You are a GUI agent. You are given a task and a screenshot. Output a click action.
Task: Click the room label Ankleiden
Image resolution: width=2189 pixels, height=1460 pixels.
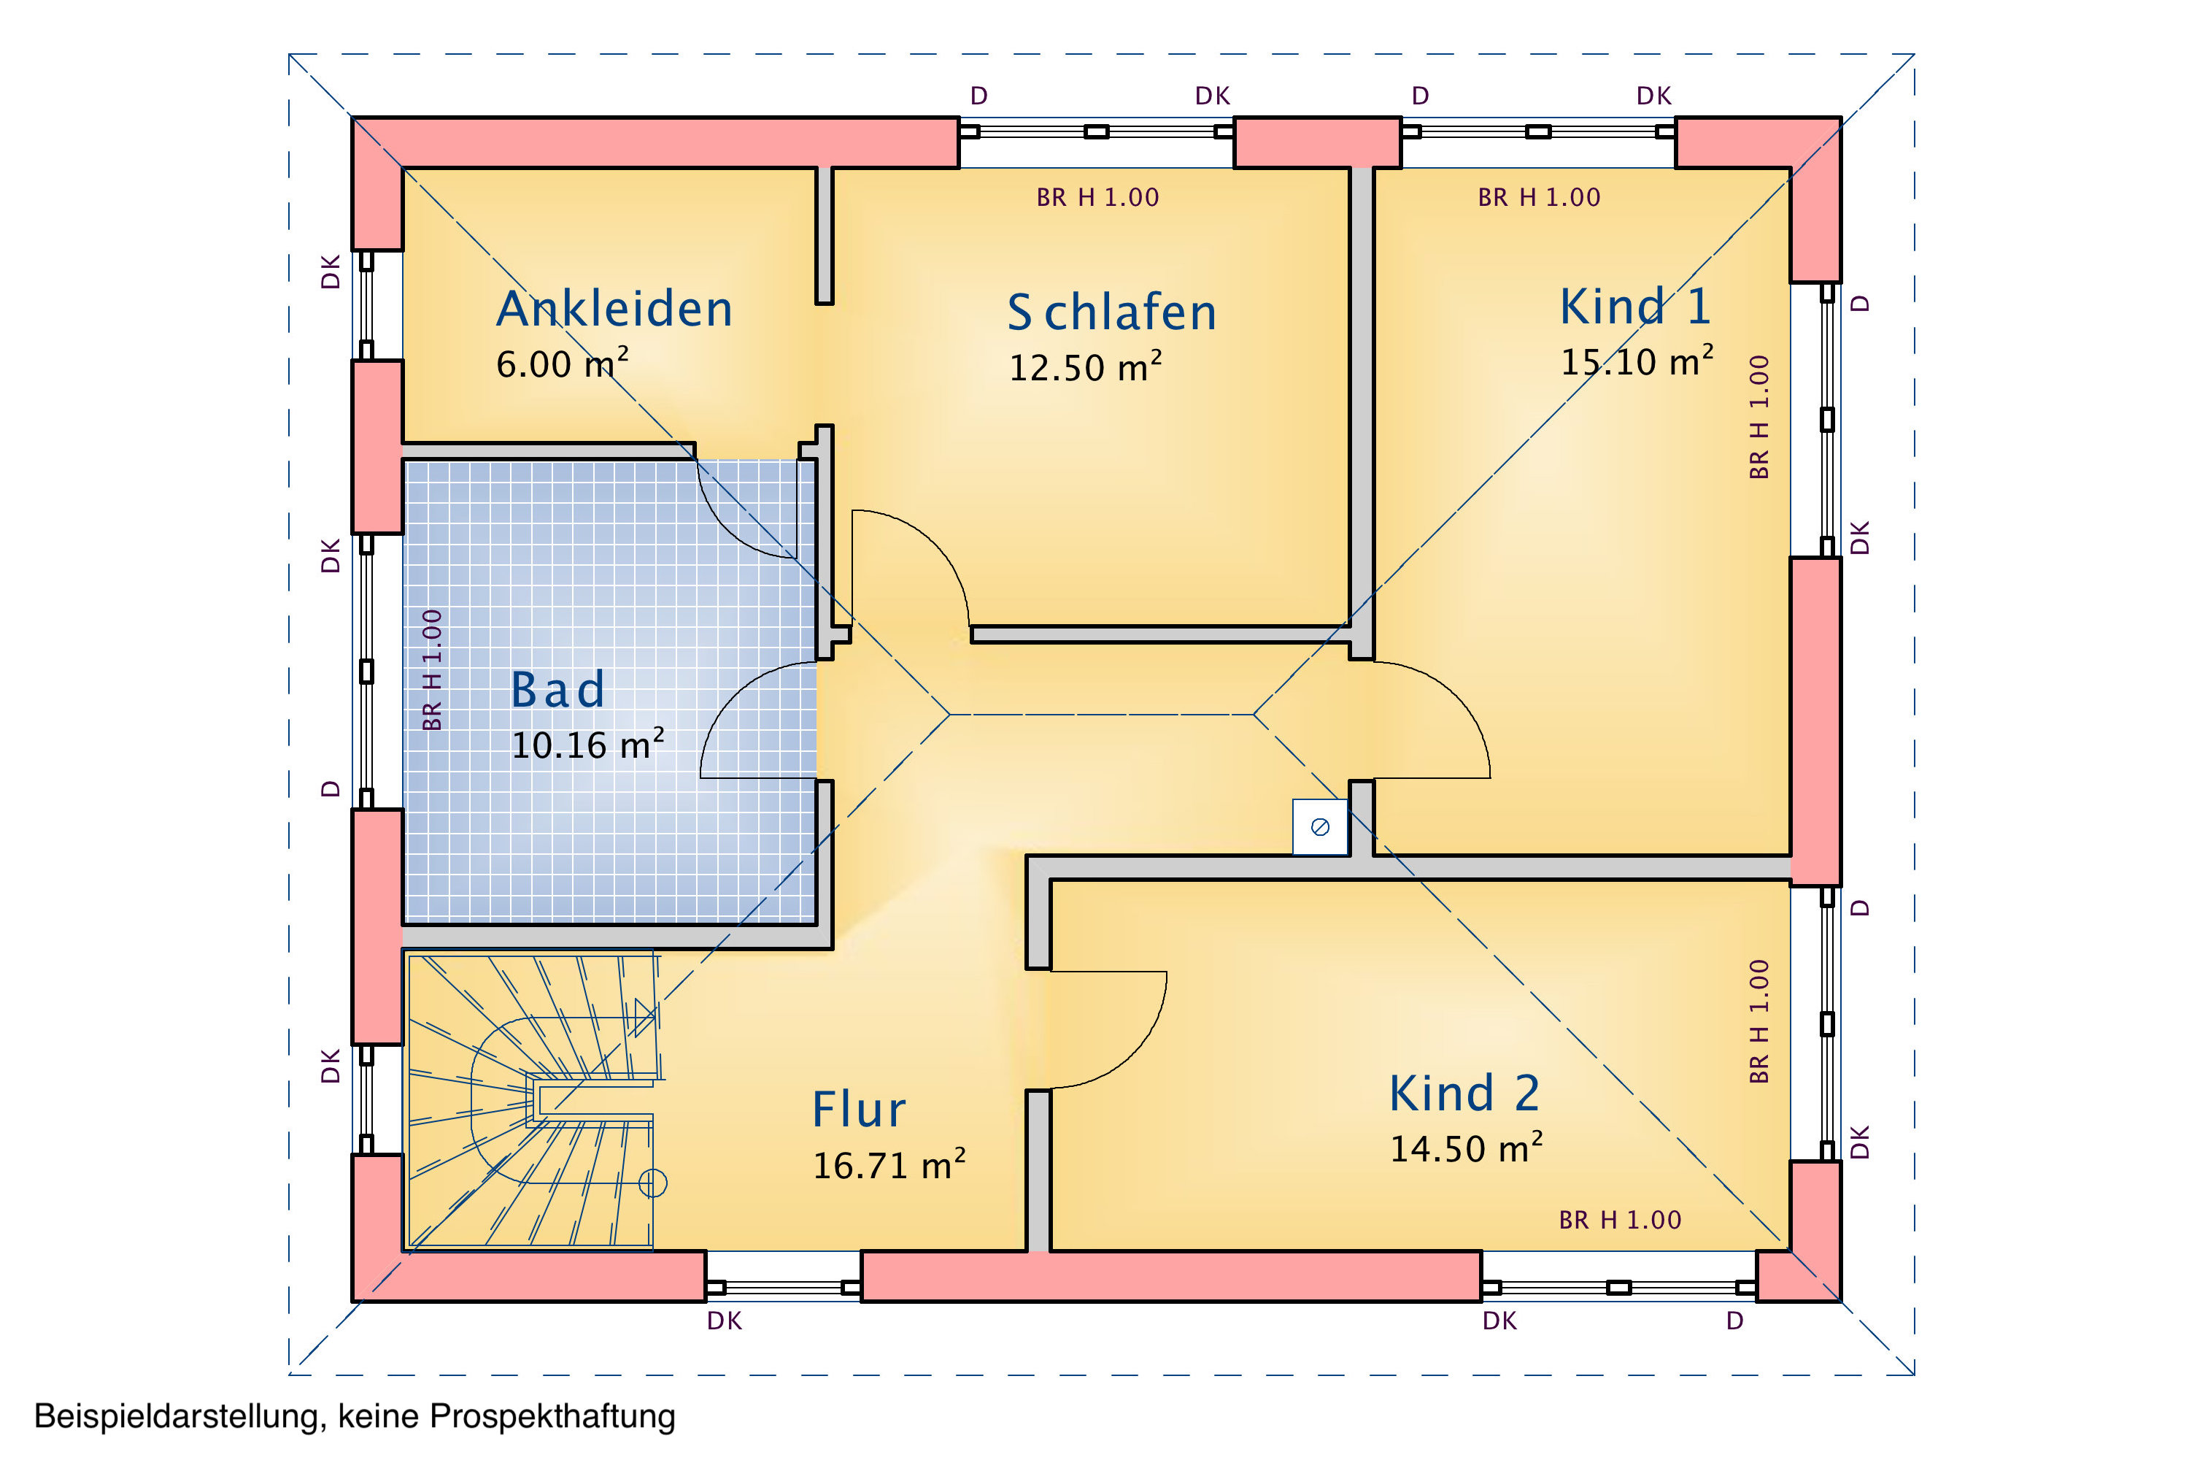(x=614, y=309)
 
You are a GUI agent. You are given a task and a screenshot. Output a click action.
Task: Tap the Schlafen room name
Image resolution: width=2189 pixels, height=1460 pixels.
(x=1111, y=313)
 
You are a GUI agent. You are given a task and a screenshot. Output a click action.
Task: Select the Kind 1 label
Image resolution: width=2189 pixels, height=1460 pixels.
(x=1635, y=307)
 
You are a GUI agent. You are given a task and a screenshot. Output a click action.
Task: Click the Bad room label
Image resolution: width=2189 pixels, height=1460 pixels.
(x=557, y=690)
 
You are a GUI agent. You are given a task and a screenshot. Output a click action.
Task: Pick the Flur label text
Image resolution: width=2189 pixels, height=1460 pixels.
(x=858, y=1110)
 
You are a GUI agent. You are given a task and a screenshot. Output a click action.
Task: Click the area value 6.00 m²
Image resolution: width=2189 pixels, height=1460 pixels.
(x=561, y=363)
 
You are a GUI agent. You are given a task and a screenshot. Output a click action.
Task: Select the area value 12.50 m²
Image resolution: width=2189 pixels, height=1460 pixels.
(x=1084, y=367)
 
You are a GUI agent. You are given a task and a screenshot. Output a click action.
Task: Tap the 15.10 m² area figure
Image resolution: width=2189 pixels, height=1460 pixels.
(x=1636, y=361)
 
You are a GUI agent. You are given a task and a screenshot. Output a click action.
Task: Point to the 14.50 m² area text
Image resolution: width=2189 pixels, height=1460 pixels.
(x=1466, y=1148)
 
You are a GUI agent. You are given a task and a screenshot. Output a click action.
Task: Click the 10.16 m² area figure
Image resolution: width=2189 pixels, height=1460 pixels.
(x=587, y=745)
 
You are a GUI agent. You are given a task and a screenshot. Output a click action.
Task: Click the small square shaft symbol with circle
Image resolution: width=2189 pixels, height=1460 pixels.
(x=1320, y=827)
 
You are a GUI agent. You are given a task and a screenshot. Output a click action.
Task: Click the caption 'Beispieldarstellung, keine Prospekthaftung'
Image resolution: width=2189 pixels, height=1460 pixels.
(x=355, y=1416)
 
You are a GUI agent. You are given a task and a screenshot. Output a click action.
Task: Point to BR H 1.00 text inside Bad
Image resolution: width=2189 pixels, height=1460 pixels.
(x=432, y=669)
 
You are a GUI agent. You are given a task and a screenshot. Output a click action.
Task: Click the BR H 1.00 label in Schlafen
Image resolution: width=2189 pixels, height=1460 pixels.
(x=1097, y=197)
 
